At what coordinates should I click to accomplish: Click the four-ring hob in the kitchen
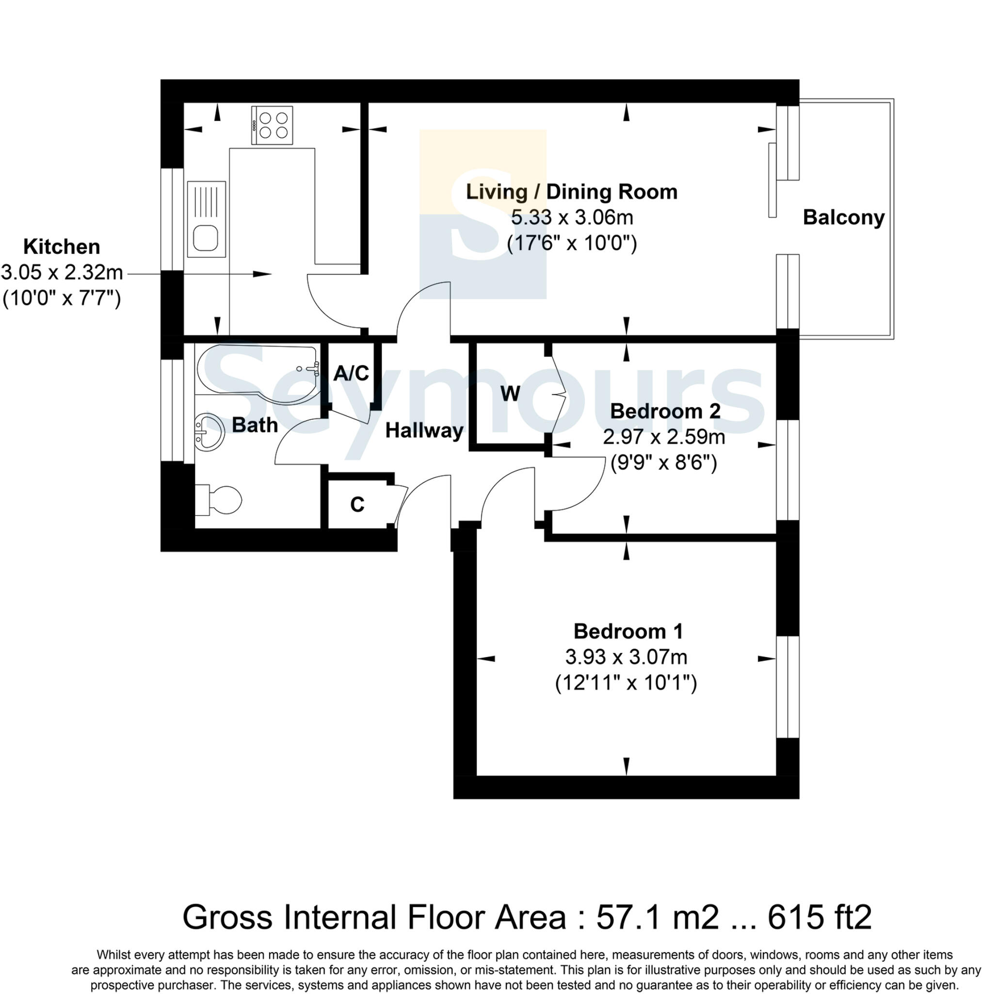click(272, 125)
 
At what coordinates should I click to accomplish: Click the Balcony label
click(843, 217)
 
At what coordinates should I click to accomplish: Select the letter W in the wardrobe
click(510, 394)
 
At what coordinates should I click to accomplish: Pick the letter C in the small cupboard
click(357, 505)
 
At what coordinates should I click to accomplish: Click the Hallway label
click(424, 430)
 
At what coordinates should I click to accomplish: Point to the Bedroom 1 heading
click(628, 631)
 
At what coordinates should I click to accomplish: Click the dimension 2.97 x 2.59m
click(663, 437)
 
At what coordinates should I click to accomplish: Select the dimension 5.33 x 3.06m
click(572, 217)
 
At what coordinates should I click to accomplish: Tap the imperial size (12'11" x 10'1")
click(626, 683)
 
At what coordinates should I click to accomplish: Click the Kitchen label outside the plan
click(62, 247)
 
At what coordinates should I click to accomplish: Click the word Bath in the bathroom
click(255, 425)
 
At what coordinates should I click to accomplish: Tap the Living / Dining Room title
click(571, 191)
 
